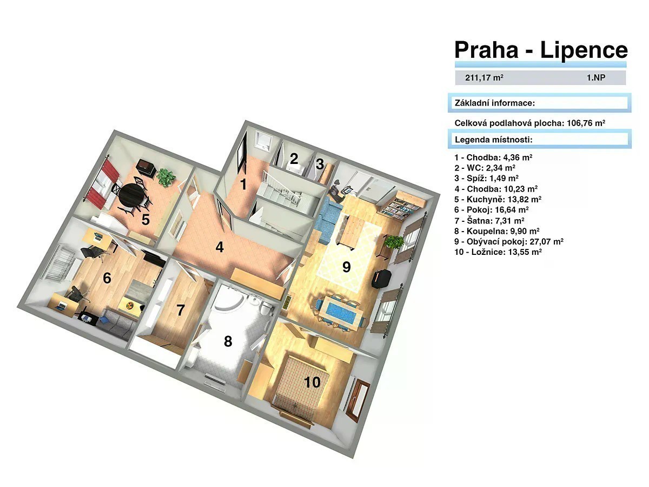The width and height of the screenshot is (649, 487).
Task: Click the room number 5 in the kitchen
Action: coord(145,219)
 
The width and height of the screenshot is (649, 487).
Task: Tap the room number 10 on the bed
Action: coord(312,383)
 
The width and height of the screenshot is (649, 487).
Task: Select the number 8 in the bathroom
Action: coord(228,341)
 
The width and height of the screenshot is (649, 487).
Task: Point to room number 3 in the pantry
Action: coord(320,164)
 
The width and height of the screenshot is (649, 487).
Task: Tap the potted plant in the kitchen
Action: coord(166,177)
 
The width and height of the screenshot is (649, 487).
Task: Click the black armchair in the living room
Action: coord(381,279)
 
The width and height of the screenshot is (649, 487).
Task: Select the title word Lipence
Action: coord(584,50)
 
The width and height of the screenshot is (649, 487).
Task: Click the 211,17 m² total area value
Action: coord(484,77)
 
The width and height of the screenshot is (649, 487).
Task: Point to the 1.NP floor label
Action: coord(596,78)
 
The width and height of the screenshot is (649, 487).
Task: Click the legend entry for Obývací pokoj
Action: coord(508,241)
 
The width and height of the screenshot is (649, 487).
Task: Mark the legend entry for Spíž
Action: coord(486,179)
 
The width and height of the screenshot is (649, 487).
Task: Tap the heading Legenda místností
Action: coord(493,140)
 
